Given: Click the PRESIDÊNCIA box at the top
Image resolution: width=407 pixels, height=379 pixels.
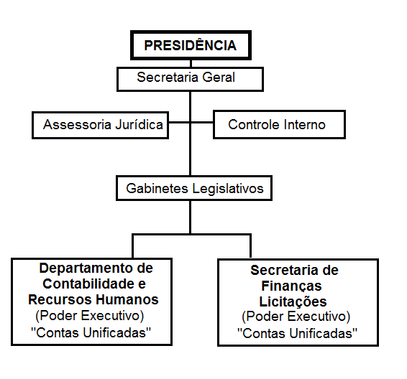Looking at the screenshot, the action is click(x=191, y=45).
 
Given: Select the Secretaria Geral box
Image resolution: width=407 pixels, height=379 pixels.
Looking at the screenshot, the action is click(x=191, y=79).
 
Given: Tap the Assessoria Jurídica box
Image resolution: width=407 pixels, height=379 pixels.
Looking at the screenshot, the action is click(x=100, y=126).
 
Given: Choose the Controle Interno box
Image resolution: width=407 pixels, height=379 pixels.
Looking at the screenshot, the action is click(x=279, y=125).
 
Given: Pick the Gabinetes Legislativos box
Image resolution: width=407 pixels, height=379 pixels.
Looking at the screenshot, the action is click(x=194, y=188).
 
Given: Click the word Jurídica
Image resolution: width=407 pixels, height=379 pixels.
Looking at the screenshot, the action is click(x=139, y=124).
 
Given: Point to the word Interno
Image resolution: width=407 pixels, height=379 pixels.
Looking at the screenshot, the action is click(x=305, y=125).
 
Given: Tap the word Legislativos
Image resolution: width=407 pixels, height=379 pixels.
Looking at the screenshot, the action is click(x=228, y=189).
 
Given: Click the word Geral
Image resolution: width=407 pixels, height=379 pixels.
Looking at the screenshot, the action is click(x=219, y=78).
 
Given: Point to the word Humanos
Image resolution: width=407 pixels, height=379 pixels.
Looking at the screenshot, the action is click(x=127, y=300).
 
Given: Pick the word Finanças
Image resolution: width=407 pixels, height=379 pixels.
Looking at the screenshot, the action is click(x=291, y=286).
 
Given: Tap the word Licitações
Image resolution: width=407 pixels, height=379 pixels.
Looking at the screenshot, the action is click(x=293, y=302).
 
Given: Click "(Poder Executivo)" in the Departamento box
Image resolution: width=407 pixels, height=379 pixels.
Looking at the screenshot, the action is click(x=90, y=316).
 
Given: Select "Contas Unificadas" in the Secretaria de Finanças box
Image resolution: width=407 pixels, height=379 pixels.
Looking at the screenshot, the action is click(x=298, y=333).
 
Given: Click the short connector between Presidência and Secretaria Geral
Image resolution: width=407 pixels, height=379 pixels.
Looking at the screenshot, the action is click(x=191, y=64).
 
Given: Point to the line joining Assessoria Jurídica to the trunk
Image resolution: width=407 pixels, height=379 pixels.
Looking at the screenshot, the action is click(x=179, y=122).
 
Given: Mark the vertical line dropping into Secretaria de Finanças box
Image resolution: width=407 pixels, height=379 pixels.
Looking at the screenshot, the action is click(x=250, y=246).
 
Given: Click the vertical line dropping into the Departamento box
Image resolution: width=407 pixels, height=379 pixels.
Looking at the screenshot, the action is click(x=132, y=246).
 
